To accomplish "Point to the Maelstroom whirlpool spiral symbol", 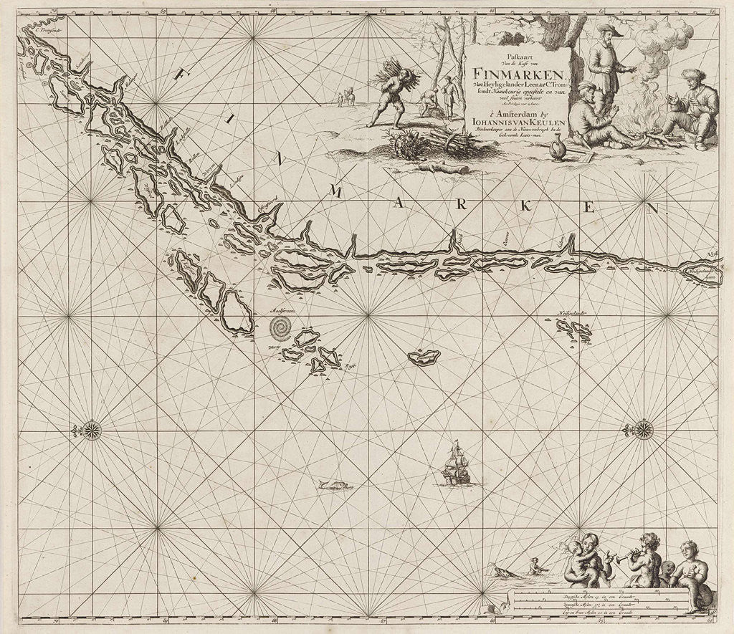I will tap(281, 328).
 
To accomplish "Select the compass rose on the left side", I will tap(91, 430).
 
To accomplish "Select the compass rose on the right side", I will tap(642, 430).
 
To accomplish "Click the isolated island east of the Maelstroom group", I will tap(422, 357).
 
